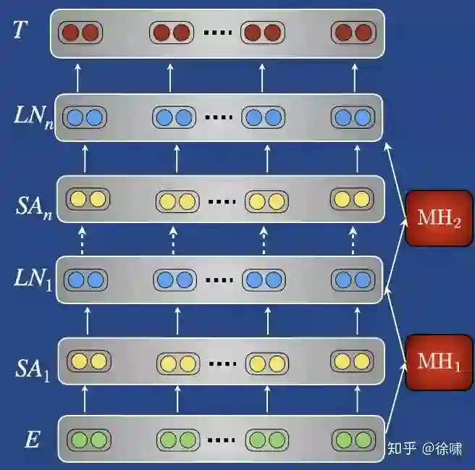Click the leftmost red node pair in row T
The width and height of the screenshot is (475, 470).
[80, 33]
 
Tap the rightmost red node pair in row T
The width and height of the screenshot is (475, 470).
[353, 33]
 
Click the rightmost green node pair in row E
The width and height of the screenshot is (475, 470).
[353, 439]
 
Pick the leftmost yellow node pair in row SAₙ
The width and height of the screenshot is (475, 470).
[88, 198]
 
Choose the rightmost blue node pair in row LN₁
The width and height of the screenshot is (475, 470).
[353, 279]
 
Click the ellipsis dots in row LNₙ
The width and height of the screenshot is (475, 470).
[217, 117]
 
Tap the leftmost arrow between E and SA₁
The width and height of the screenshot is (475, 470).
[85, 399]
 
